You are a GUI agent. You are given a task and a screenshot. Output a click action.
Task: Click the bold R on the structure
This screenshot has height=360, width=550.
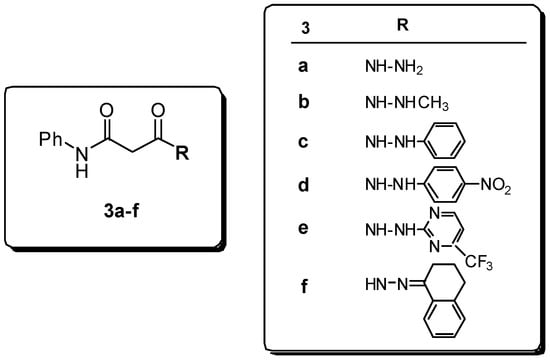coord(181,154)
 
